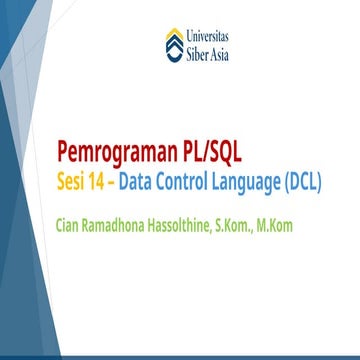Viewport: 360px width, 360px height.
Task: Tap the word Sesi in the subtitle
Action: pos(73,185)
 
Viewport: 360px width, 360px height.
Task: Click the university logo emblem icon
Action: pos(175,46)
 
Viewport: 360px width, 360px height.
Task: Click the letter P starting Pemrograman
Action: pos(67,155)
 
